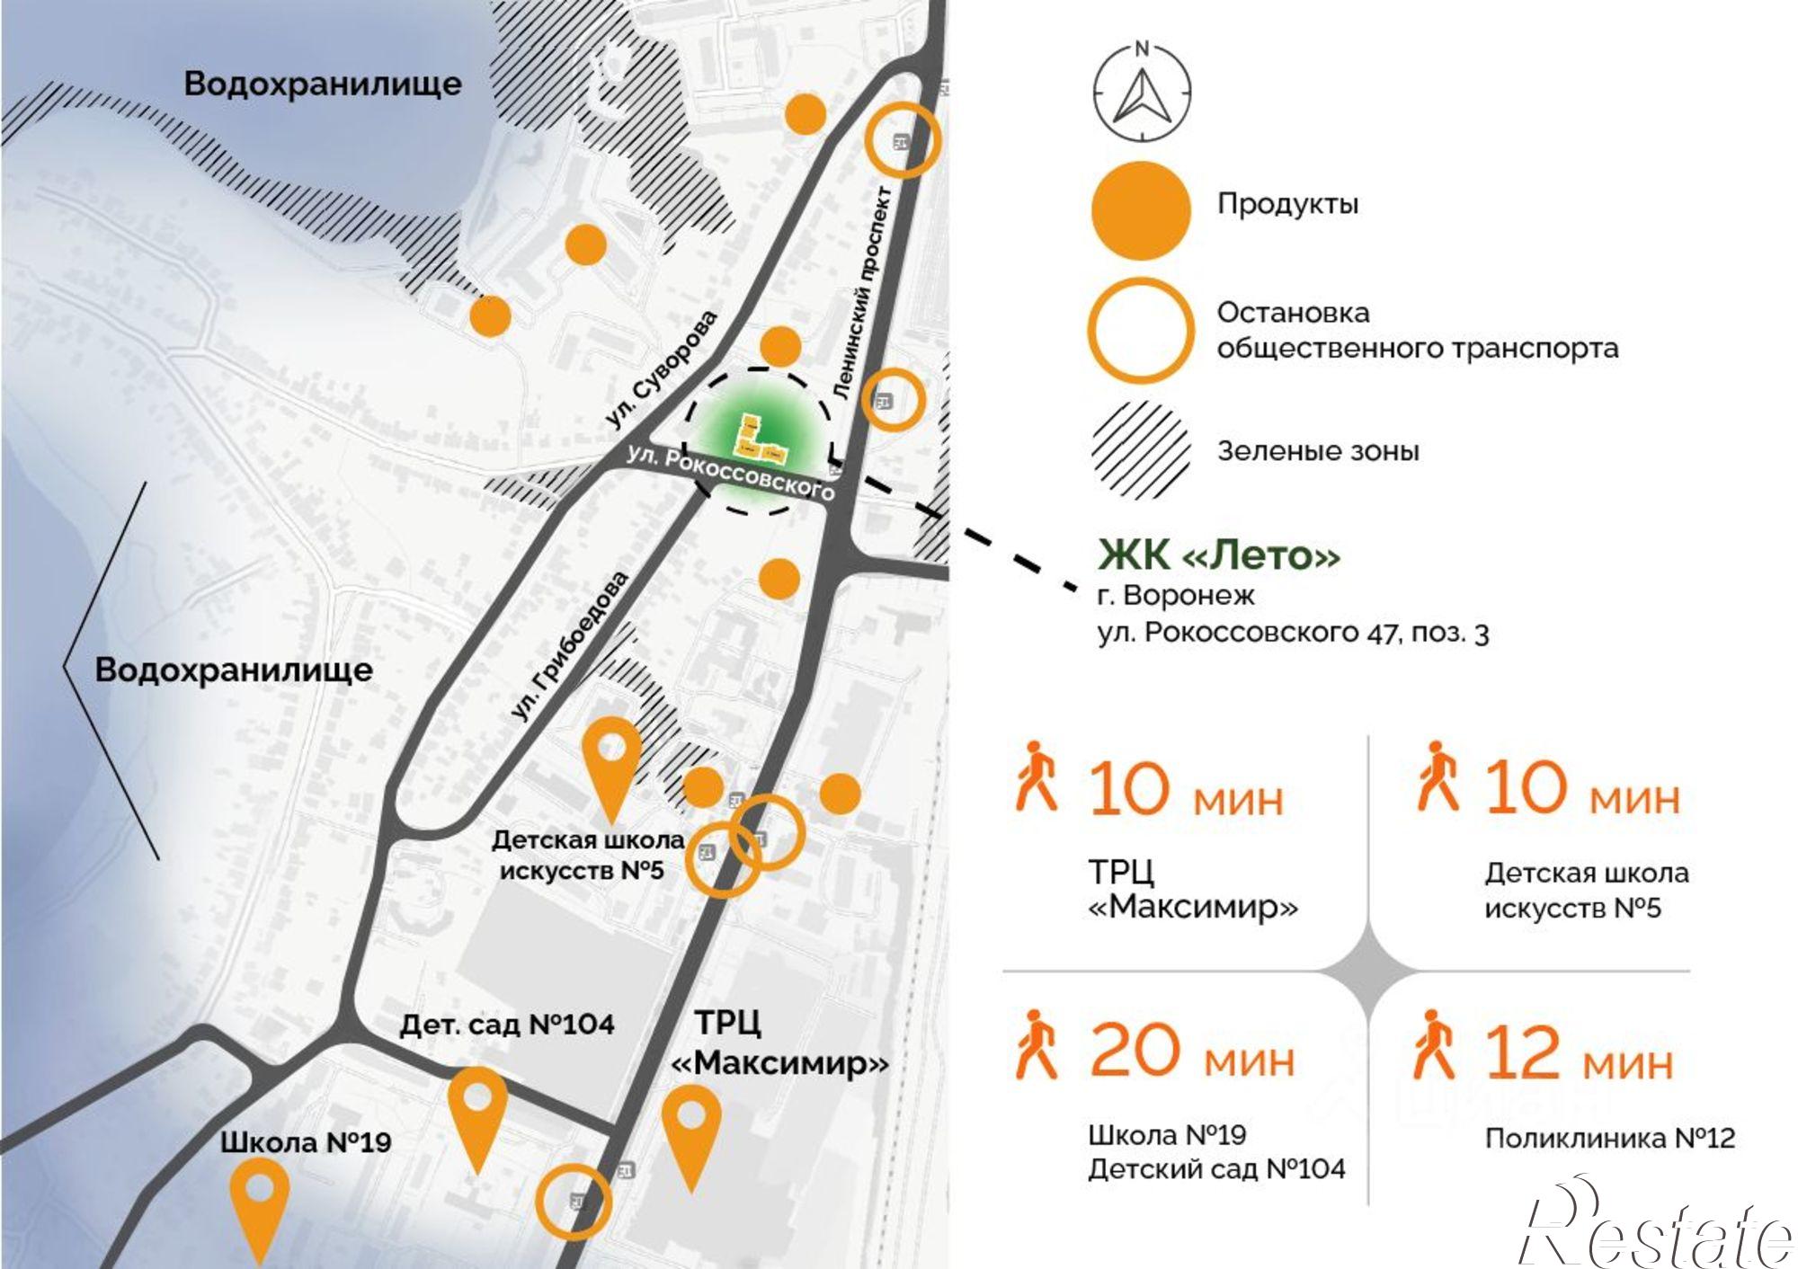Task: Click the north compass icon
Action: tap(1142, 93)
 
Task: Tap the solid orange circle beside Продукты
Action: tap(1141, 210)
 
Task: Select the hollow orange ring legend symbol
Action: tap(1141, 330)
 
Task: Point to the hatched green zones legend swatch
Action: tap(1141, 449)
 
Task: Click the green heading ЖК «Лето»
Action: tap(1218, 555)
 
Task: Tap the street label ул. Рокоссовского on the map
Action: tap(730, 474)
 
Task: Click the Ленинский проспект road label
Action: tap(861, 293)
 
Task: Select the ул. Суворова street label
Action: tap(662, 368)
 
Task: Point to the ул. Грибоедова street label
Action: tap(570, 645)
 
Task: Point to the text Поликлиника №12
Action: tap(1609, 1139)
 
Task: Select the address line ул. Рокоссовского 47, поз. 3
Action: tap(1293, 633)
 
